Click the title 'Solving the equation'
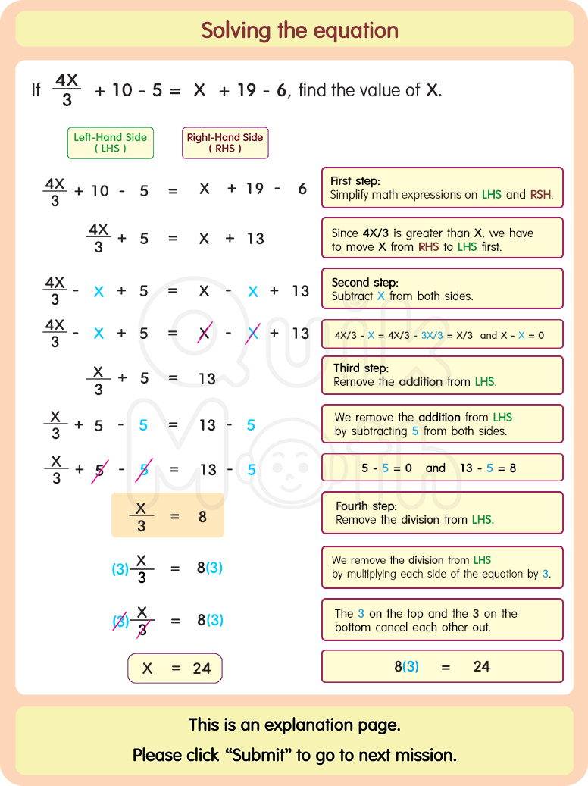(299, 31)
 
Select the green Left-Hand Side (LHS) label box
(110, 142)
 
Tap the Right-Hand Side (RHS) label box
(225, 142)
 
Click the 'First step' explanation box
(442, 187)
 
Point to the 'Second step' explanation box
(442, 289)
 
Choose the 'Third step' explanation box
(442, 375)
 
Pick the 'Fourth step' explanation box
(442, 512)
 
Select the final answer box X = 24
(175, 669)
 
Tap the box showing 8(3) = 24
(442, 666)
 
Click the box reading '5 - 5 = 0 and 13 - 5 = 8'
(442, 468)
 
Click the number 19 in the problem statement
(246, 90)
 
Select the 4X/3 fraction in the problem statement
(67, 90)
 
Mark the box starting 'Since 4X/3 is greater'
(442, 238)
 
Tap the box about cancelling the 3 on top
(442, 620)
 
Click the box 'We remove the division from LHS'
(442, 567)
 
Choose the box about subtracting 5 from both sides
(442, 424)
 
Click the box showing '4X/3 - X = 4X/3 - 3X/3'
(442, 334)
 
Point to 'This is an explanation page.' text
(294, 725)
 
